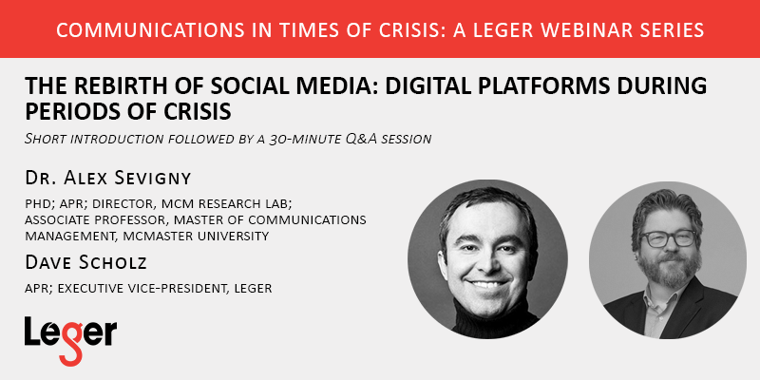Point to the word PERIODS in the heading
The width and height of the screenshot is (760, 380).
click(77, 112)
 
